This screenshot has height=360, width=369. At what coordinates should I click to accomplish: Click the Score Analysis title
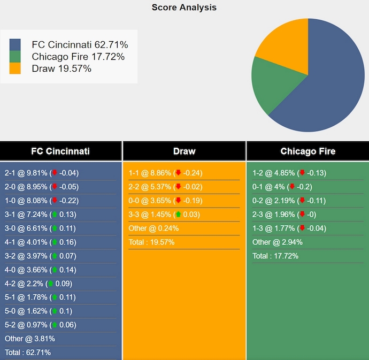(x=184, y=7)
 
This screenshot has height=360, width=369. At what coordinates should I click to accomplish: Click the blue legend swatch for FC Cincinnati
(x=15, y=44)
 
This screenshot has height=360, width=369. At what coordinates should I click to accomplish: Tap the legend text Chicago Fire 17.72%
(x=78, y=56)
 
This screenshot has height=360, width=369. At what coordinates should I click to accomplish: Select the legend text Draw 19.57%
(x=61, y=68)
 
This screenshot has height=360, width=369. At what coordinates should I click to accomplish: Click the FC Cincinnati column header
(x=60, y=151)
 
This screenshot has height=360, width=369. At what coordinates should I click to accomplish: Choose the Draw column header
(x=184, y=151)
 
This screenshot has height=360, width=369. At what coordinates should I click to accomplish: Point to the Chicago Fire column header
(x=307, y=151)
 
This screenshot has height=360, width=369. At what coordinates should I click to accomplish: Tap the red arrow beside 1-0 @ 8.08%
(x=54, y=201)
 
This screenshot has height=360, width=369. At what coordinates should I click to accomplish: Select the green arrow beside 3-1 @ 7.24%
(x=54, y=215)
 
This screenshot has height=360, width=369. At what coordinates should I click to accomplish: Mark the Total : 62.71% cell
(x=28, y=353)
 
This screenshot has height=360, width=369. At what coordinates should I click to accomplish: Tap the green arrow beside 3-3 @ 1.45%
(x=178, y=215)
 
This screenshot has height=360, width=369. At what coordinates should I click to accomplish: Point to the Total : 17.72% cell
(x=275, y=256)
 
